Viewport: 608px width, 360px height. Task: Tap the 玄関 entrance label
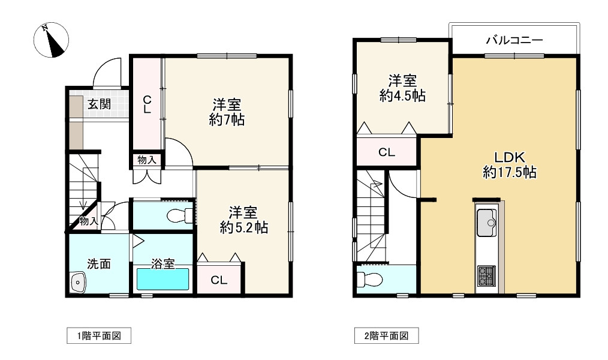[100, 104]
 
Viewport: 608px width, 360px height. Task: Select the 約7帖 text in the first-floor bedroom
[227, 120]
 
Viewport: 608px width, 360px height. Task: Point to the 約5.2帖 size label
[243, 228]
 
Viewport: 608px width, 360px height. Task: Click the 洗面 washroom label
[99, 263]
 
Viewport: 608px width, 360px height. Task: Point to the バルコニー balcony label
[514, 41]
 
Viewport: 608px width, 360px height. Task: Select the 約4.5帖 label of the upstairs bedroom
[402, 95]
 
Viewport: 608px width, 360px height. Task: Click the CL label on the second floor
[387, 152]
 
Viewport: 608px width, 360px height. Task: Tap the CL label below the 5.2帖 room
[219, 280]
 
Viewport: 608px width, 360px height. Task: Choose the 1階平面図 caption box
[98, 336]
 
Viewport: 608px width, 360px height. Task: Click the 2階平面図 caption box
[386, 336]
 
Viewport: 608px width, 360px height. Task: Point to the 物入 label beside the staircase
[88, 221]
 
